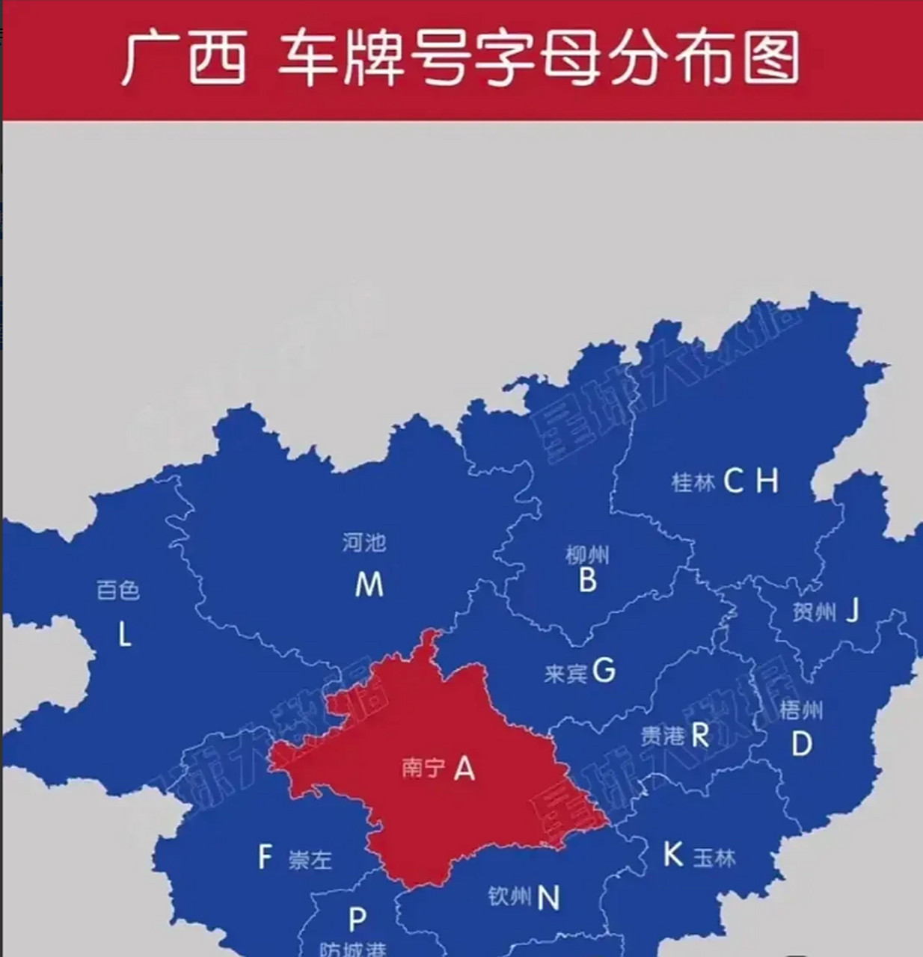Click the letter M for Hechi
click(x=369, y=584)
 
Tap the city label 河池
click(x=364, y=542)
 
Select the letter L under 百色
click(x=124, y=635)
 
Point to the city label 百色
click(x=118, y=591)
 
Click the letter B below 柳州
click(x=588, y=580)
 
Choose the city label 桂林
click(x=693, y=482)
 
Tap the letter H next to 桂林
click(x=767, y=481)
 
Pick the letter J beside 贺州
click(x=852, y=612)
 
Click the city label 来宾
click(x=565, y=674)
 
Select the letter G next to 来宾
click(x=604, y=671)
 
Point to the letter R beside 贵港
click(x=699, y=735)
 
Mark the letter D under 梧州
click(x=801, y=744)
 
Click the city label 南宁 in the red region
click(x=423, y=768)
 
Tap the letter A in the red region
click(x=464, y=768)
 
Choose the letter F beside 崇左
click(x=265, y=857)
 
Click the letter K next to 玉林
click(x=673, y=855)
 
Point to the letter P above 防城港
click(x=358, y=919)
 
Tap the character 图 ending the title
click(x=772, y=58)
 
